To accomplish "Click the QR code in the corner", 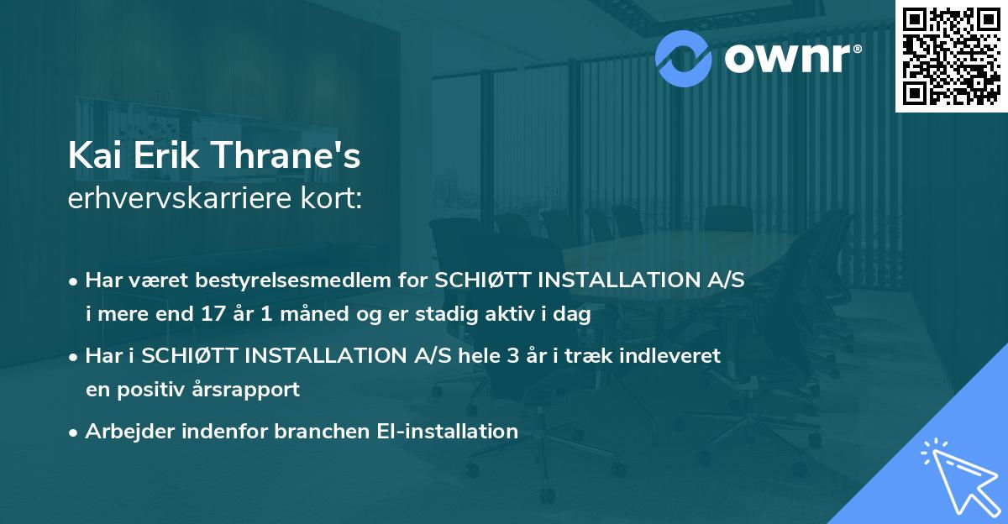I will coord(951,56).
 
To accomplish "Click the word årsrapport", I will coord(249,389).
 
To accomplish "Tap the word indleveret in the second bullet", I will coord(678,356).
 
